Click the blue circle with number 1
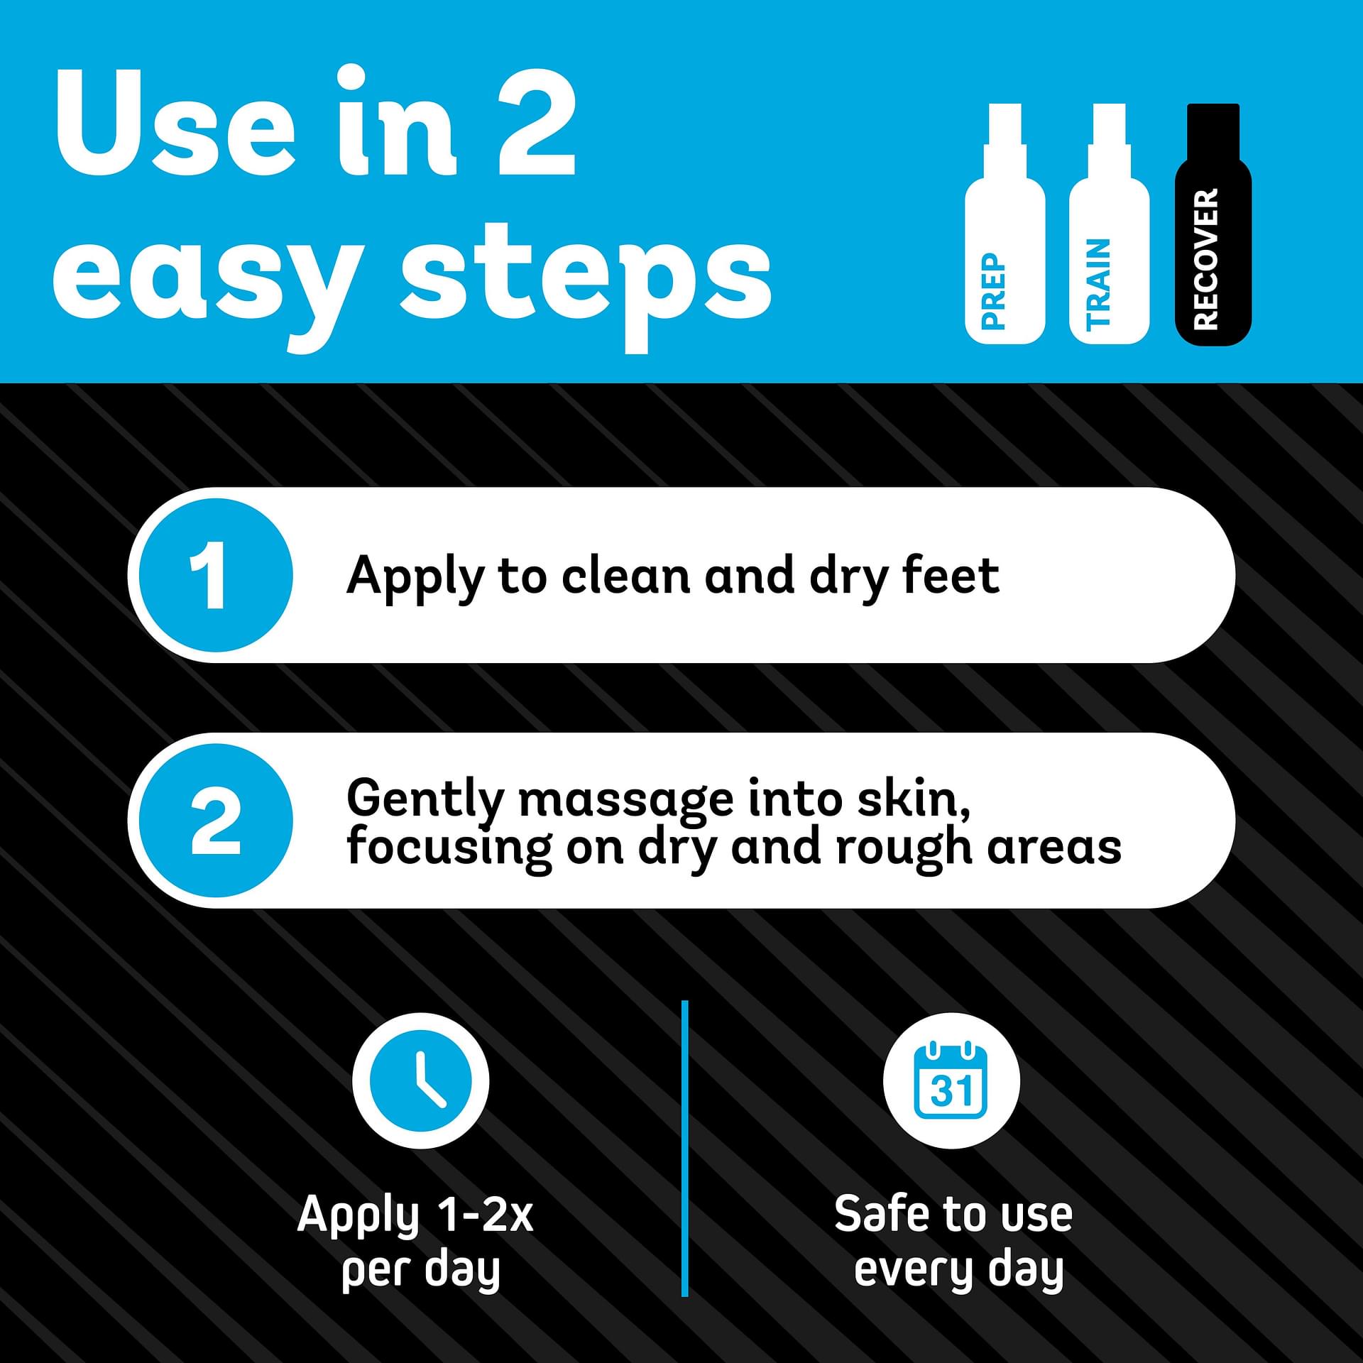(x=215, y=575)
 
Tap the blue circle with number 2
(x=215, y=820)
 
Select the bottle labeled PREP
(x=1005, y=224)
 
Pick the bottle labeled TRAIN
(x=1109, y=224)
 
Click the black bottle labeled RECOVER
(x=1213, y=224)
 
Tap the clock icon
(x=421, y=1081)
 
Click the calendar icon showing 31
(x=951, y=1081)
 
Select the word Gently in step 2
(x=425, y=801)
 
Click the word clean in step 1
(x=625, y=575)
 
